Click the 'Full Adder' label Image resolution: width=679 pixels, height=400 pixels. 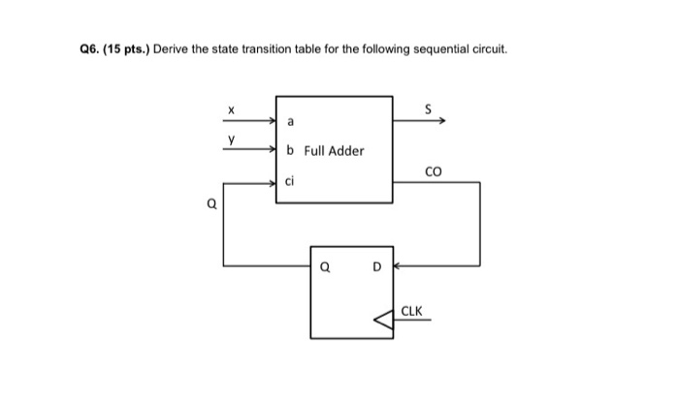click(334, 150)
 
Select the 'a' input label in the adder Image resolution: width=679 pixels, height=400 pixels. click(290, 121)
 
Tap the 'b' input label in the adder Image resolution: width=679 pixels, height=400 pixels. click(291, 150)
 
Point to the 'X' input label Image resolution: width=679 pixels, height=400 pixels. click(232, 111)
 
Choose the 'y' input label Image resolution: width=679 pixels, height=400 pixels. click(232, 139)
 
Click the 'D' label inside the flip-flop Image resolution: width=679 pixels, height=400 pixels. click(378, 264)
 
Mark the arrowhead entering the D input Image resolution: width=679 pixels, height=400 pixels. click(397, 263)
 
